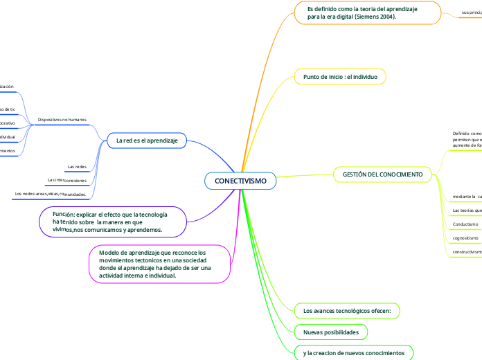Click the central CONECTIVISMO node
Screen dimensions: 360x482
coord(240,181)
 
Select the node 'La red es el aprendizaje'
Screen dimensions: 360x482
coord(147,141)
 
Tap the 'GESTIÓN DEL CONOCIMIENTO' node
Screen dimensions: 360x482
coord(382,174)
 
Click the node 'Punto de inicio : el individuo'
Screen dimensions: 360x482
coord(340,77)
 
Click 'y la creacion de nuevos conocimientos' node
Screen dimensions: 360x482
coord(353,354)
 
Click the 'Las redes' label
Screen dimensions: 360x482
coord(77,167)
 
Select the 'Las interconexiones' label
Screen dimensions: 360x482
coord(66,180)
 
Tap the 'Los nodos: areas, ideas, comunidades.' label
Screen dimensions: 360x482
coord(50,195)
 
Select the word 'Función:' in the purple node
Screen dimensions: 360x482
coord(68,215)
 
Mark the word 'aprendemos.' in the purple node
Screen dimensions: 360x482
coord(143,230)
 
